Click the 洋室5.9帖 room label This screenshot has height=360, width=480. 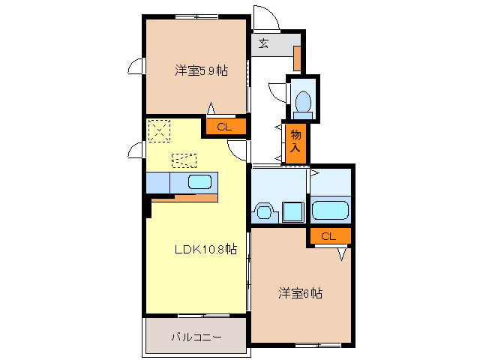pos(202,71)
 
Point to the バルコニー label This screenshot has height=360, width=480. pos(195,337)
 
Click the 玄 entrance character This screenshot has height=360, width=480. pos(264,43)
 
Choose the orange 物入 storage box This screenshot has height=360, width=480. pos(295,142)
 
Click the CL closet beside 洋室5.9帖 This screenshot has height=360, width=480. pos(223,127)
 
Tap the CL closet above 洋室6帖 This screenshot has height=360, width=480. pos(328,236)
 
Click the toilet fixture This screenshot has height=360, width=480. pos(304,102)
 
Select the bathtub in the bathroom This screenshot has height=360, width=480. pos(330,210)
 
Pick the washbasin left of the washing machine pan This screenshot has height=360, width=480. pos(264,211)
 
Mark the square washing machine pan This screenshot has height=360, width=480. pos(292,212)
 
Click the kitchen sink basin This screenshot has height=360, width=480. pos(200,181)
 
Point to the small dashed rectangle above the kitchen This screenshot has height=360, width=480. pos(184,160)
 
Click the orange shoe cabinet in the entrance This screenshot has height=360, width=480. pos(297,57)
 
